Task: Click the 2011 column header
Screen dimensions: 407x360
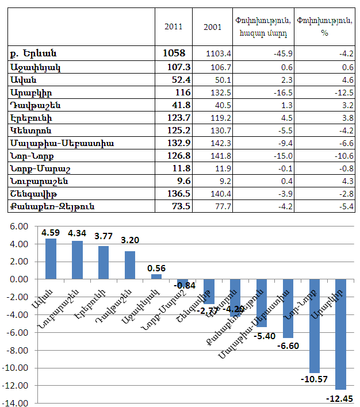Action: coord(174,26)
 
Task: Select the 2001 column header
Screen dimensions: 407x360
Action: coord(213,26)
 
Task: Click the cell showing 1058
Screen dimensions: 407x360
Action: coord(174,53)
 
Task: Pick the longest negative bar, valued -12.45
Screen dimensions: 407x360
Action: coord(340,333)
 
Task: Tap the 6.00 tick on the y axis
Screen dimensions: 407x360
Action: coord(19,226)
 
